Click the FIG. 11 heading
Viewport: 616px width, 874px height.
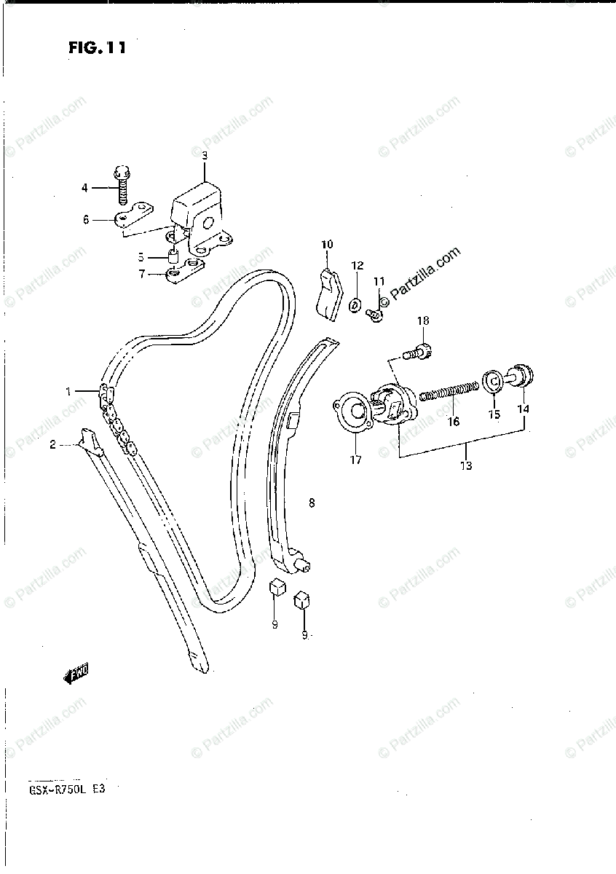coord(98,49)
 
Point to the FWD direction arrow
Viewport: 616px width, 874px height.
coord(76,674)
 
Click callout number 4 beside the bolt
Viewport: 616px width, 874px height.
coord(84,188)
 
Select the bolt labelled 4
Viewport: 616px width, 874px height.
coord(121,185)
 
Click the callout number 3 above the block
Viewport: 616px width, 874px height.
coord(205,155)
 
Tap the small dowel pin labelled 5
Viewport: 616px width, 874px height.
coord(174,257)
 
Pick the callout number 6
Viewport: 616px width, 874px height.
coord(85,219)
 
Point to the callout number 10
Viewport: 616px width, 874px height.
coord(327,244)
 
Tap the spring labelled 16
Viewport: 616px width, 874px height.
coord(449,392)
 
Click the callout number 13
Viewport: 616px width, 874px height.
coord(466,465)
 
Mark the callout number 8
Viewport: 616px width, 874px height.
coord(312,503)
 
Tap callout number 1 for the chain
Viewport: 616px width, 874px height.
coord(68,391)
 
